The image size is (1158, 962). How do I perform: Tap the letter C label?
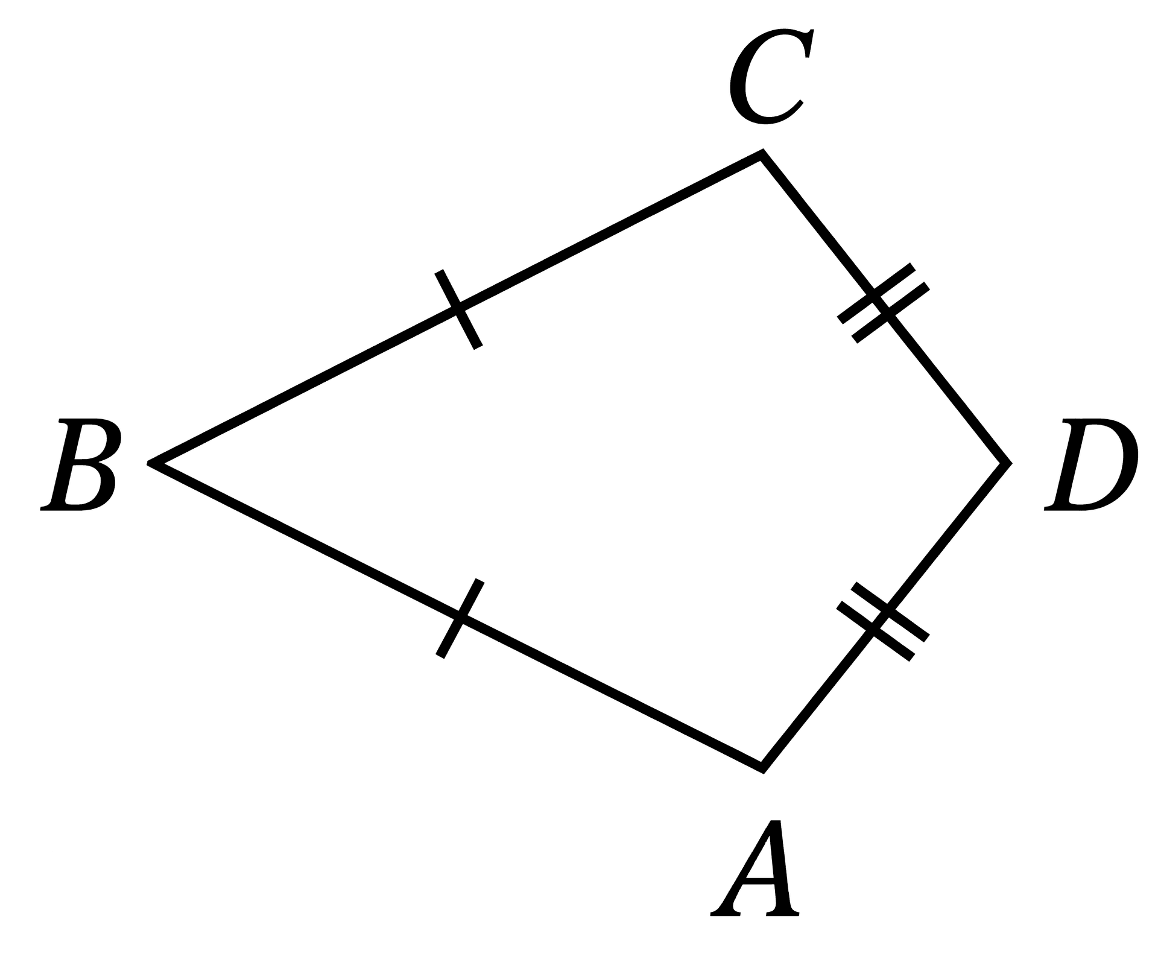[771, 77]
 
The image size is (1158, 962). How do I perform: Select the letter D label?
[1091, 466]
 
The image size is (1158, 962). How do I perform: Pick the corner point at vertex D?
[1008, 463]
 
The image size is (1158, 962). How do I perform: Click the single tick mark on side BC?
[458, 309]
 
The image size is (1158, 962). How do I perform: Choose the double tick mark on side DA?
[883, 622]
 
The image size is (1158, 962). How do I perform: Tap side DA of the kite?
[885, 616]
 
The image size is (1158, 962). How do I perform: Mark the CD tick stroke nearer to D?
[891, 313]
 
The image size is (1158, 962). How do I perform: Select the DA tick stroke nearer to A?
[876, 631]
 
